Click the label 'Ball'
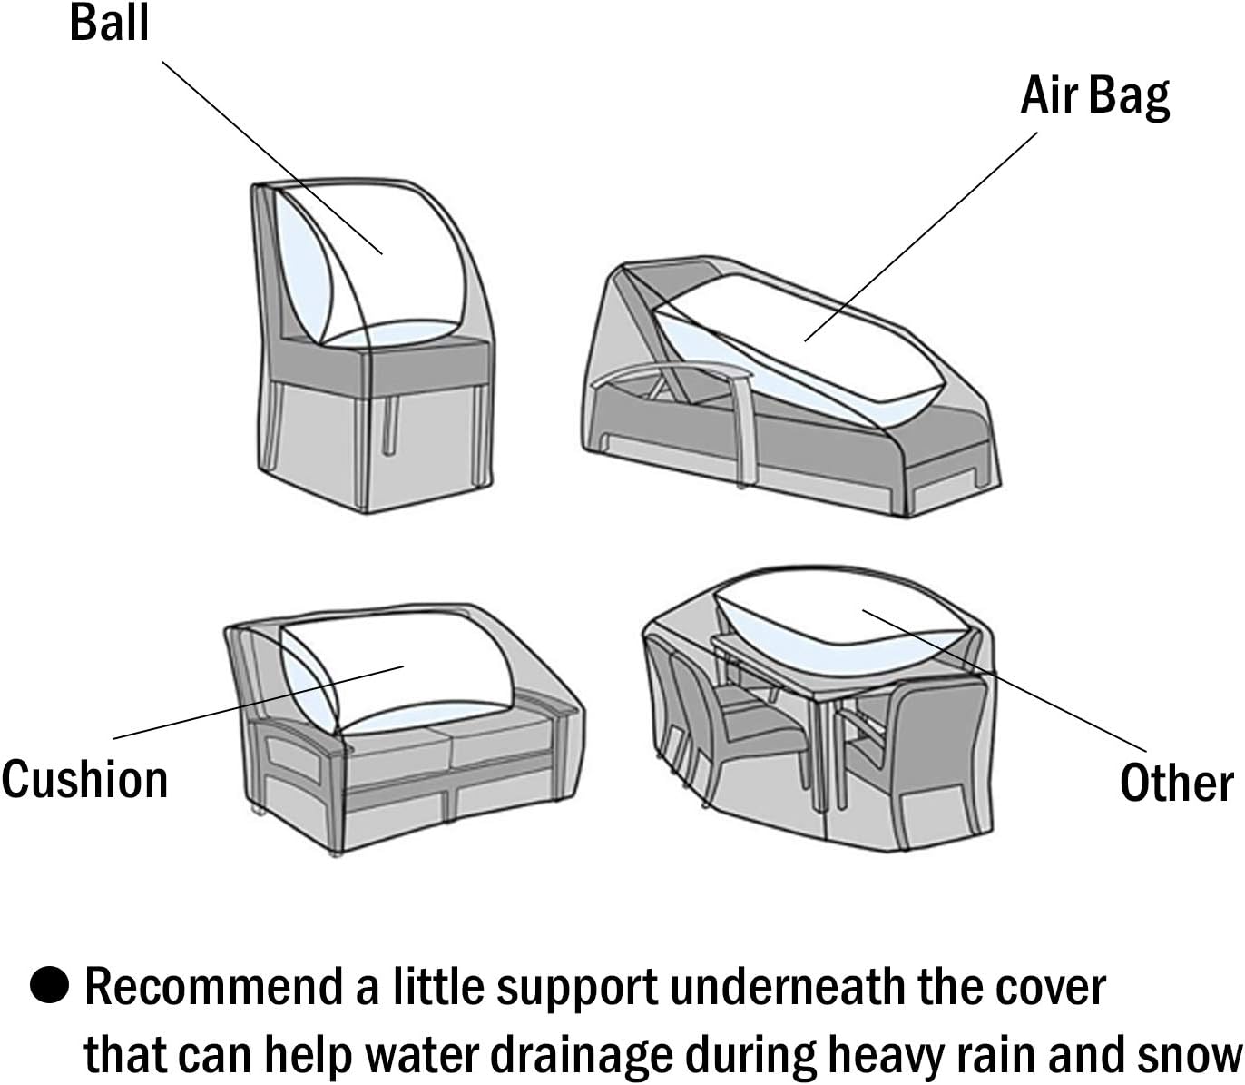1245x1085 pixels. (109, 23)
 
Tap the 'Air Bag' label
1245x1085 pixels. (1095, 95)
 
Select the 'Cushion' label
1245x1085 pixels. (84, 779)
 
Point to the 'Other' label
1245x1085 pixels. (1176, 783)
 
